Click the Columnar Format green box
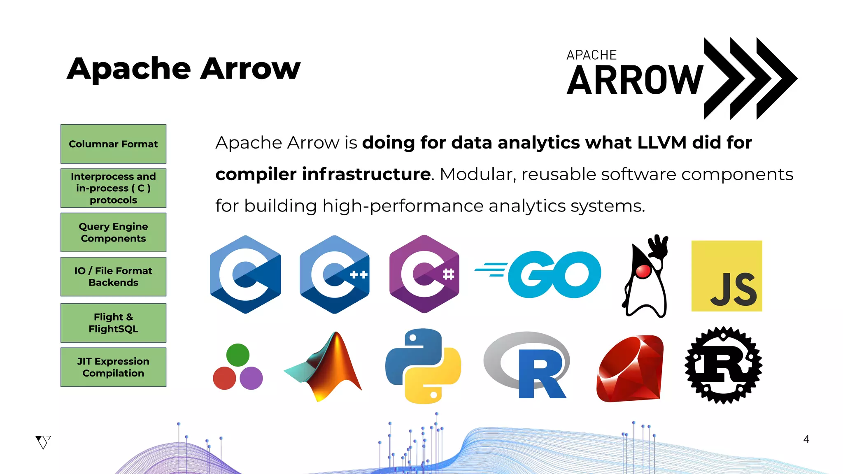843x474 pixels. tap(113, 144)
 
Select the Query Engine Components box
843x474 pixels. tap(113, 232)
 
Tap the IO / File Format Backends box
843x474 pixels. tap(113, 276)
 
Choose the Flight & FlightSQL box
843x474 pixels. tap(113, 323)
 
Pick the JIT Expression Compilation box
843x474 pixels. tap(113, 367)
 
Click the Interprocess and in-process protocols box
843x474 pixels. tap(113, 188)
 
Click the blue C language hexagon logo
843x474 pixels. tap(245, 274)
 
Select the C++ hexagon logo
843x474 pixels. tap(335, 274)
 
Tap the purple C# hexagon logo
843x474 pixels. tap(424, 274)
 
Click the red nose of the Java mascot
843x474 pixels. tap(643, 271)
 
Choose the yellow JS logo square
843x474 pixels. tap(727, 276)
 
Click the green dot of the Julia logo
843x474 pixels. tap(238, 355)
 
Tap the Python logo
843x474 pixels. tap(423, 366)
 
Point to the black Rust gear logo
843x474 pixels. tap(723, 365)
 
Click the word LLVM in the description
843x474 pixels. tap(662, 143)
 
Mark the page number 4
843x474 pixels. tap(806, 439)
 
